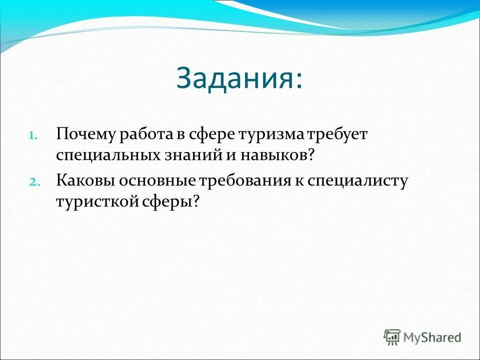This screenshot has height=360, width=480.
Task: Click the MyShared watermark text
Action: coord(432,337)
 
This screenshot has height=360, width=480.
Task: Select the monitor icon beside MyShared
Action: coord(392,336)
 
